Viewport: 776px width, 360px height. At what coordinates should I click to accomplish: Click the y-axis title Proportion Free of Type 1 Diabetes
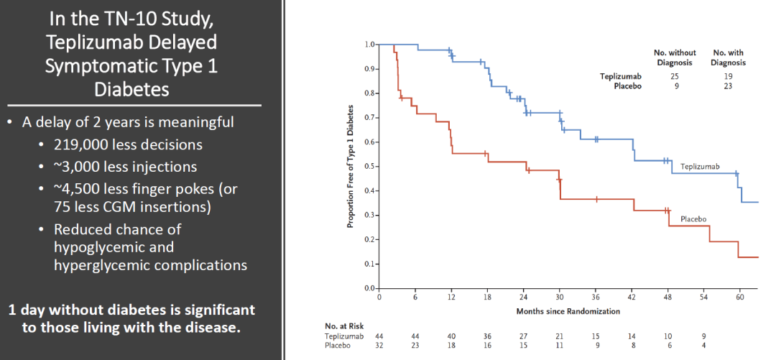coord(351,166)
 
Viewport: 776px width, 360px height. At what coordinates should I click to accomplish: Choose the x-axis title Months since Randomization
coord(568,311)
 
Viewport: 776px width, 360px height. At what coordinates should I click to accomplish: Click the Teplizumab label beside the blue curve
coord(700,167)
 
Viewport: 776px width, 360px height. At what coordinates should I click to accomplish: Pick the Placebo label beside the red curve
coord(693,218)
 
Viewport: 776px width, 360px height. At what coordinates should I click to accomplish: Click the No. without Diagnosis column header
coord(673,57)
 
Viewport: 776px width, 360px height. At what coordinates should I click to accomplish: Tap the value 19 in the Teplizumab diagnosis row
coord(729,75)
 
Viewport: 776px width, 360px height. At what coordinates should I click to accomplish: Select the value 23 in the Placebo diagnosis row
coord(729,86)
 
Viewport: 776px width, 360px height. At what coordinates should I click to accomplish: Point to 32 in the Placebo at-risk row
coord(379,345)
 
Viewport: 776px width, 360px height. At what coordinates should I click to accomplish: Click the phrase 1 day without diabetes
coord(75,310)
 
